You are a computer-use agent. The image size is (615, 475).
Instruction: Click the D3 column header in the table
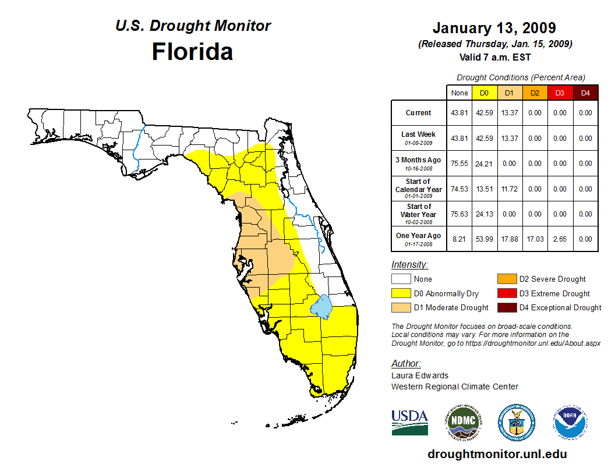point(560,93)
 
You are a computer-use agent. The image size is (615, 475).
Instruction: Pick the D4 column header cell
point(585,93)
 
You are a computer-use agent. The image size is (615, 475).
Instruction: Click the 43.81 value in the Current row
point(460,113)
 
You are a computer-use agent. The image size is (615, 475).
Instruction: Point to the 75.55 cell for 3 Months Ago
point(460,164)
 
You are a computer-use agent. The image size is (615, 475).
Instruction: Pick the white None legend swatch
point(401,279)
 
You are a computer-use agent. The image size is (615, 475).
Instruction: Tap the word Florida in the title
point(192,52)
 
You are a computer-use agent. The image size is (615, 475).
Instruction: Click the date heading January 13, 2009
point(494,28)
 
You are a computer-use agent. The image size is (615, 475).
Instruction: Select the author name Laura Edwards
point(420,375)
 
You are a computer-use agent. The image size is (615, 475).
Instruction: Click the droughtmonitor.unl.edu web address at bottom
point(497,454)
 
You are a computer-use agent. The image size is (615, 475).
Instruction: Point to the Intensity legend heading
point(409,265)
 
